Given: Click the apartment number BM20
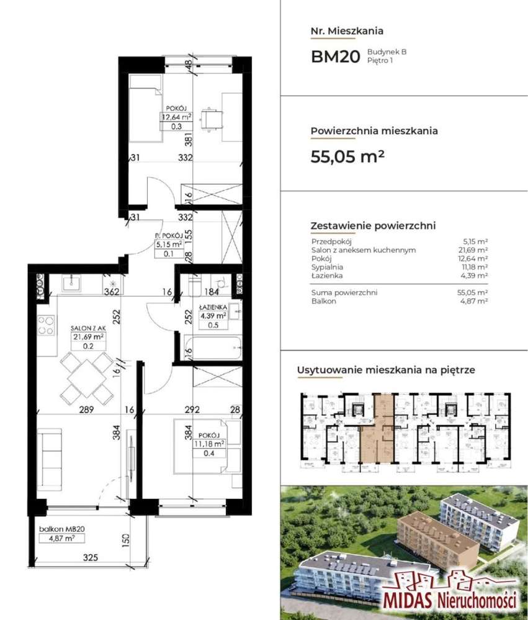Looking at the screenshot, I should point(335,56).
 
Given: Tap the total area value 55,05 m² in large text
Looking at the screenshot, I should point(347,156).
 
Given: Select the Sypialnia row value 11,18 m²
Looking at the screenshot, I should point(474,266).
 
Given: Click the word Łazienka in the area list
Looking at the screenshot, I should point(326,274).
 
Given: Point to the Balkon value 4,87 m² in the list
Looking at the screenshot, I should point(474,300).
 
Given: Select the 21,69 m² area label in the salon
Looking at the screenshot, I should point(87,336).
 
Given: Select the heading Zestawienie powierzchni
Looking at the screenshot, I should point(372,226).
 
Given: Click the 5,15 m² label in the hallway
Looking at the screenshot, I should point(168,245).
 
